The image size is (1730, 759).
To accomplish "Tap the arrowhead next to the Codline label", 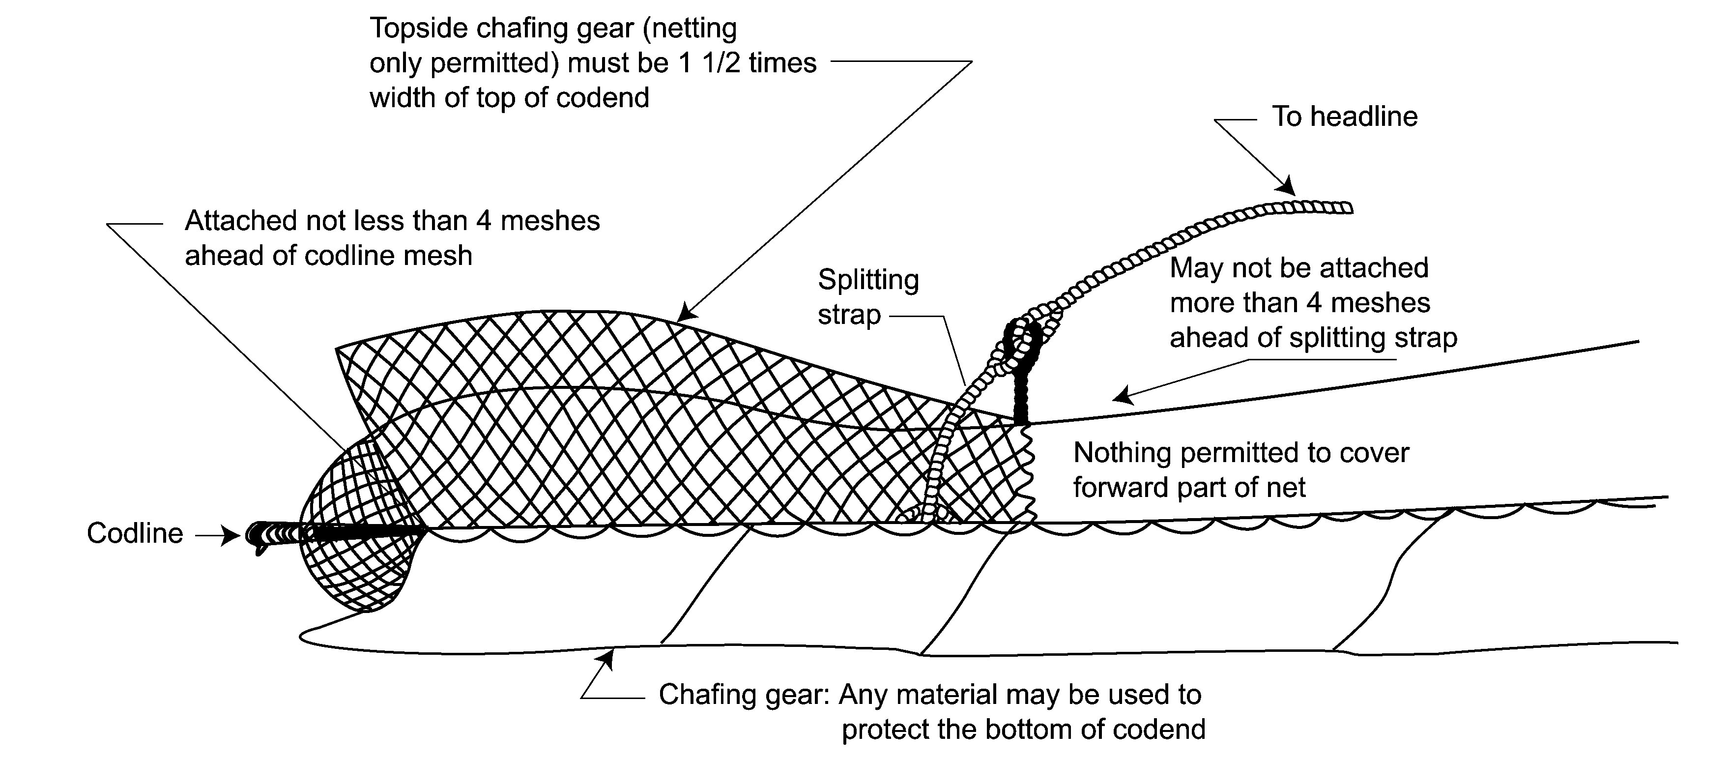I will [x=231, y=535].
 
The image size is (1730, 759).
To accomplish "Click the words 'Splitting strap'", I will [x=867, y=297].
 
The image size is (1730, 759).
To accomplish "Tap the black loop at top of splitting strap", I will [x=1021, y=343].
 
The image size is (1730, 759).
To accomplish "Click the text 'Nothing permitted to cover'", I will [x=1241, y=453].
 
